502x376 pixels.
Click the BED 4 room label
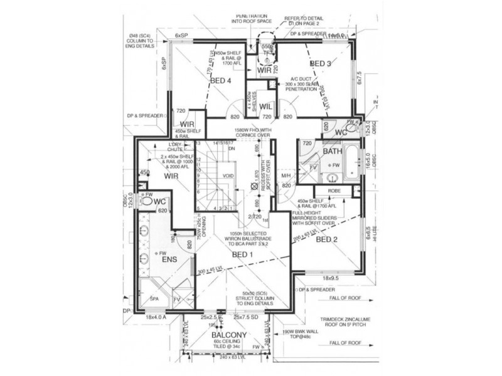pos(221,80)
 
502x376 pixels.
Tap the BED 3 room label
pos(320,64)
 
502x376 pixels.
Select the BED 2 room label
pos(327,239)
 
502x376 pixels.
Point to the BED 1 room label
pos(242,255)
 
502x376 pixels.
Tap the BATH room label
pos(332,152)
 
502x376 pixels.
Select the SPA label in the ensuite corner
pos(154,300)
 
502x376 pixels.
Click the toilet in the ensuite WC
pos(147,202)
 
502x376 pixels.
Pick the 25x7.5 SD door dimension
pos(251,318)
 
